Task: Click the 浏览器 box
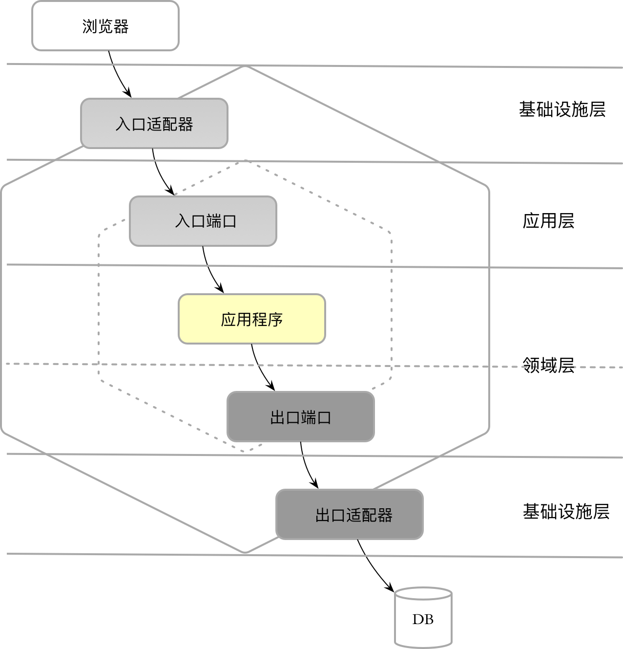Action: point(105,26)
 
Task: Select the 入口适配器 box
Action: point(154,124)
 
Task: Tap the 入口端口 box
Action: point(203,221)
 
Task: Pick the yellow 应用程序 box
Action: point(251,319)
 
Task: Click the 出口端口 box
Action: point(300,417)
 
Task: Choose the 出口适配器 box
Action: point(349,515)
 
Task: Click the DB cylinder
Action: point(423,618)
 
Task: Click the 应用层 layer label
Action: point(548,221)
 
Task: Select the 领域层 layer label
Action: point(548,365)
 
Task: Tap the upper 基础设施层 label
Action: point(562,109)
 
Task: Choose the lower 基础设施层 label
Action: point(566,512)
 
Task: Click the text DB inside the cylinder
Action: point(423,620)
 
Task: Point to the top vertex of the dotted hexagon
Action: point(245,160)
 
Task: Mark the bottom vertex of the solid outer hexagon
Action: point(245,553)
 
